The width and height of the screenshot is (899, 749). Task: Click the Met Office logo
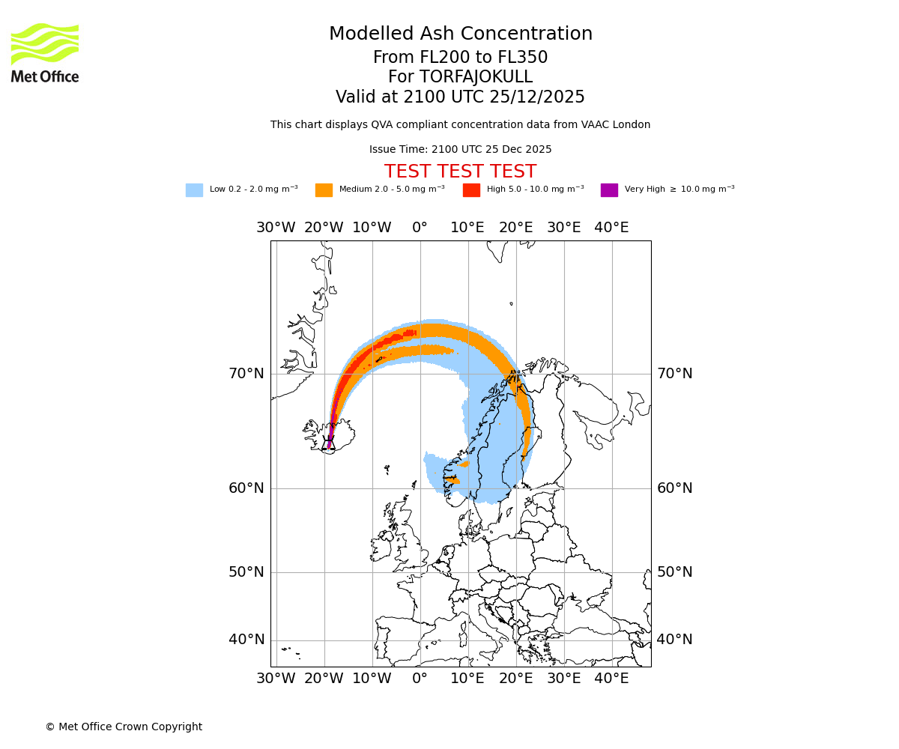45,52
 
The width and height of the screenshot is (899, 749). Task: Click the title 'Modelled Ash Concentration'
460,34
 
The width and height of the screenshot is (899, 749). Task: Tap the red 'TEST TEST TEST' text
460,172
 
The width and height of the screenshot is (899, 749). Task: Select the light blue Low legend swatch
194,189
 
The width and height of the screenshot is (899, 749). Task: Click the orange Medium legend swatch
324,189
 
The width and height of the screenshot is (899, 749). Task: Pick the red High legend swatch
471,189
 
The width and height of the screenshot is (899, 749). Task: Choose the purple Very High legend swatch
609,189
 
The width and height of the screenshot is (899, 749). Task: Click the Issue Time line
460,150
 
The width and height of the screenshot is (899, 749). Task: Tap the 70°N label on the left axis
246,373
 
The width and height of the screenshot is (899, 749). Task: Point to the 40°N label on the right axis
674,640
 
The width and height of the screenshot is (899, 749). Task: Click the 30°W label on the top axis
276,228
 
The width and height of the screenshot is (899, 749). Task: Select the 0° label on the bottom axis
420,679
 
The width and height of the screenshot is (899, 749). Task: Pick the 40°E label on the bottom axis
611,679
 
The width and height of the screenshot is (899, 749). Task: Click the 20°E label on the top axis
515,228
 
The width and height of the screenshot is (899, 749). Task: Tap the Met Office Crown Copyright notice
124,727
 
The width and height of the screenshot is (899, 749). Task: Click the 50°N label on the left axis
246,572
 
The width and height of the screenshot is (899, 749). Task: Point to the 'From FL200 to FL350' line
460,58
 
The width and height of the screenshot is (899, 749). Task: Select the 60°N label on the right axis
674,488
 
